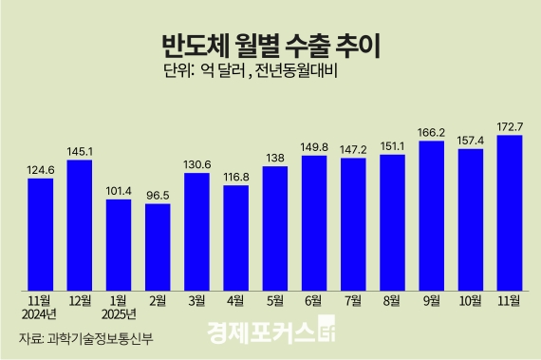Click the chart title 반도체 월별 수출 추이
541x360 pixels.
(270, 45)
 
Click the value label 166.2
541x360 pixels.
(432, 133)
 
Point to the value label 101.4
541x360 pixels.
(118, 189)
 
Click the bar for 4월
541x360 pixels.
(235, 237)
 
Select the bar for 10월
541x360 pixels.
(471, 218)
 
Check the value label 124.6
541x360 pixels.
(40, 169)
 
